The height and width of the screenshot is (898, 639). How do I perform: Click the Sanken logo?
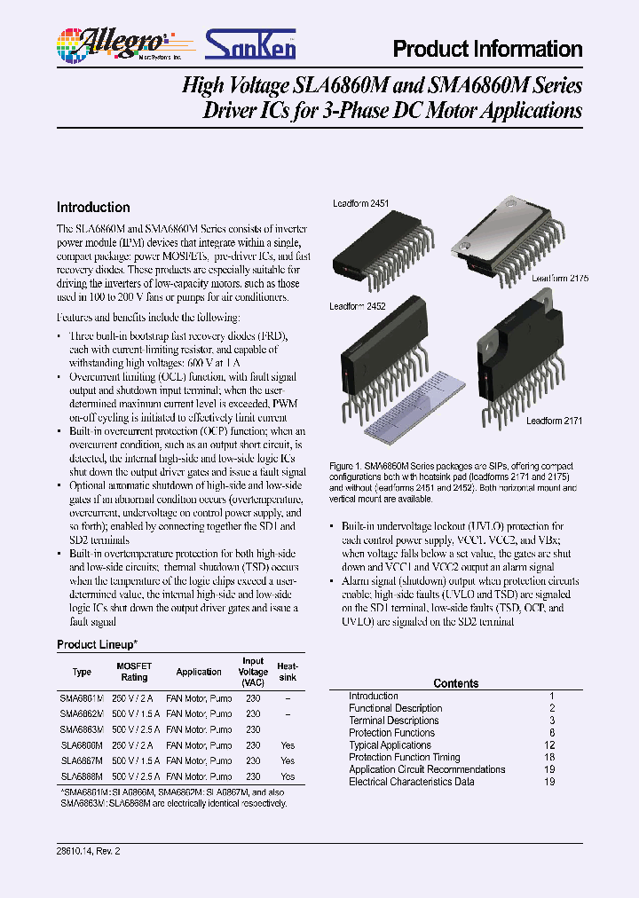click(x=251, y=43)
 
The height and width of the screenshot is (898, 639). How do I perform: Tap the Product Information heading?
click(x=487, y=50)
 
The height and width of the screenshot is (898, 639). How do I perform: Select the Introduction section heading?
click(x=93, y=207)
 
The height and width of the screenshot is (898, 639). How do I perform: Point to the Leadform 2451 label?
click(x=360, y=203)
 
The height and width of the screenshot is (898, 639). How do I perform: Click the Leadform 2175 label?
click(x=560, y=278)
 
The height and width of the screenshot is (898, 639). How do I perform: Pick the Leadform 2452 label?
click(x=357, y=306)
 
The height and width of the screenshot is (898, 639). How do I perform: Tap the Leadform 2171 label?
click(x=554, y=421)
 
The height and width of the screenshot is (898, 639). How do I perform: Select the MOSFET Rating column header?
click(x=134, y=671)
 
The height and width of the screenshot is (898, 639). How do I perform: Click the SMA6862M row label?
click(x=82, y=713)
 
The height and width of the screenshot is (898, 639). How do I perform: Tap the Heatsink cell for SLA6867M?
click(x=288, y=760)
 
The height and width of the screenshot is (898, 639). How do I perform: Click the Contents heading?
click(x=455, y=683)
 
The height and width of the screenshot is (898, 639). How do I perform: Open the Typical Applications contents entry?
click(x=390, y=745)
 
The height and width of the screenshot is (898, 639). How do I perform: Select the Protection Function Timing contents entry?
click(x=404, y=758)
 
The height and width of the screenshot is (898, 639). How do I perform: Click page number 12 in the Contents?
click(x=551, y=745)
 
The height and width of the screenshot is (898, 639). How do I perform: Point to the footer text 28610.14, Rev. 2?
click(x=88, y=851)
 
